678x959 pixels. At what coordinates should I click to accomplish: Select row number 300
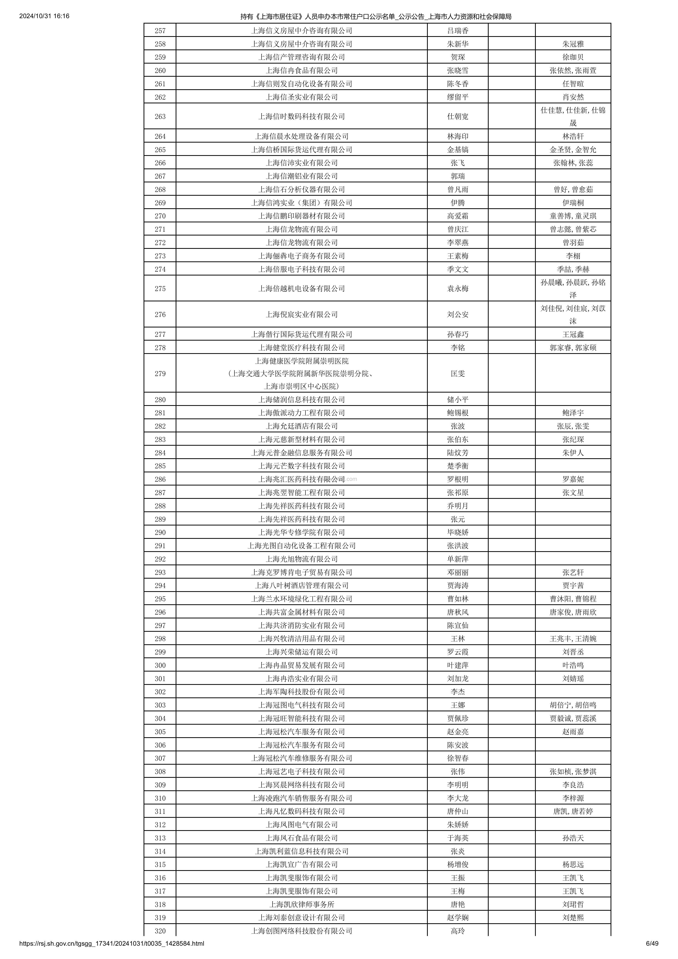coord(160,665)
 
